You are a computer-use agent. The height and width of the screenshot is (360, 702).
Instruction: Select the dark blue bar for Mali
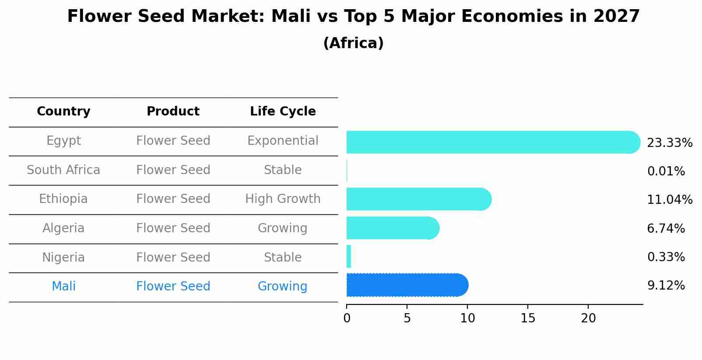point(407,285)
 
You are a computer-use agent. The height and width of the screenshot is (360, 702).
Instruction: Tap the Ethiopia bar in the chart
point(418,199)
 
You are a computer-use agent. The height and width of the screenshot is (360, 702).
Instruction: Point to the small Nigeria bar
point(349,256)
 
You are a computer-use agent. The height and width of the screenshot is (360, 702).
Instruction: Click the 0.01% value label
point(666,171)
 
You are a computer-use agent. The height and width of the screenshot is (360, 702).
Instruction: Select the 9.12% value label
point(666,286)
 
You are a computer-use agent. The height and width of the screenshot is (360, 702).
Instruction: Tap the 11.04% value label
point(669,200)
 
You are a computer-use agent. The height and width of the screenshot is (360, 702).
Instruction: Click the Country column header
point(63,112)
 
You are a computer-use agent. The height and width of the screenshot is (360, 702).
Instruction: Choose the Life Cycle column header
point(283,112)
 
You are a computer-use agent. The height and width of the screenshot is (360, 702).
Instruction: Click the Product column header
point(173,112)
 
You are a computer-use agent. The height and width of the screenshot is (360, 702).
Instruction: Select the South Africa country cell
point(63,170)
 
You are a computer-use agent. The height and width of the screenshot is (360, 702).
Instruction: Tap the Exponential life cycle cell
point(283,141)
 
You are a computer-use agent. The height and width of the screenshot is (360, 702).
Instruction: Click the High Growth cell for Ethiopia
point(283,199)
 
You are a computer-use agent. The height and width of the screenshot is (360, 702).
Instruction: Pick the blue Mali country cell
point(63,287)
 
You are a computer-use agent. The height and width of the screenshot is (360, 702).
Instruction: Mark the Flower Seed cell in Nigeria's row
point(173,257)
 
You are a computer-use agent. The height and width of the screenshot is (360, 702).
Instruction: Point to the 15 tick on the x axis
point(528,318)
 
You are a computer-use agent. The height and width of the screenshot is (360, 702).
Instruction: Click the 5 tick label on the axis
point(407,318)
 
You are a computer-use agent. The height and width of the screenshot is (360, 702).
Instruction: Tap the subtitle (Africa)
point(353,43)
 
